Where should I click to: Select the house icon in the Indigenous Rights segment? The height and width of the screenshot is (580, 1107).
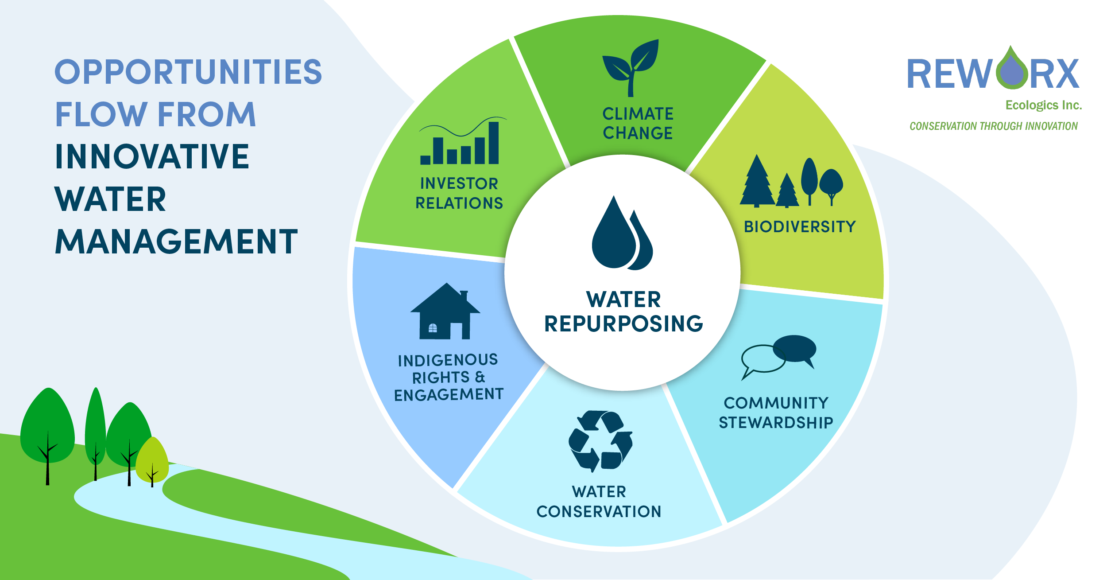pyautogui.click(x=445, y=311)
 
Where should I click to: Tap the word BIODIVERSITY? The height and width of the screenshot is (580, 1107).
pyautogui.click(x=800, y=227)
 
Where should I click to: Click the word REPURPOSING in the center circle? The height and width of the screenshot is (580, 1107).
pyautogui.click(x=623, y=323)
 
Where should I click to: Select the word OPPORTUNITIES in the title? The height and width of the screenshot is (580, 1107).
pyautogui.click(x=189, y=72)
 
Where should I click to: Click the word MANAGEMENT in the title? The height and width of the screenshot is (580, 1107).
pyautogui.click(x=176, y=242)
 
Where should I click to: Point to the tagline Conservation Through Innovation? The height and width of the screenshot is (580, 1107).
pyautogui.click(x=994, y=126)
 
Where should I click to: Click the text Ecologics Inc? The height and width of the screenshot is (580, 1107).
pyautogui.click(x=1044, y=105)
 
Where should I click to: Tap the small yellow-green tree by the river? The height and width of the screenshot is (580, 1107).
pyautogui.click(x=152, y=461)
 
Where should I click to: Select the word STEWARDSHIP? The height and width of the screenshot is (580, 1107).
pyautogui.click(x=776, y=423)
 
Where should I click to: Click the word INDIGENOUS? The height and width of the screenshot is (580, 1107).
pyautogui.click(x=448, y=360)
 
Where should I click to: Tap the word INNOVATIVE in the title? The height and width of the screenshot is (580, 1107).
pyautogui.click(x=152, y=156)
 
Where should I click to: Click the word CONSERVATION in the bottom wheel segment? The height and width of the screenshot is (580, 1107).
pyautogui.click(x=599, y=512)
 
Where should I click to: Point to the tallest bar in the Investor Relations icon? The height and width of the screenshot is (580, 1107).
pyautogui.click(x=493, y=143)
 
